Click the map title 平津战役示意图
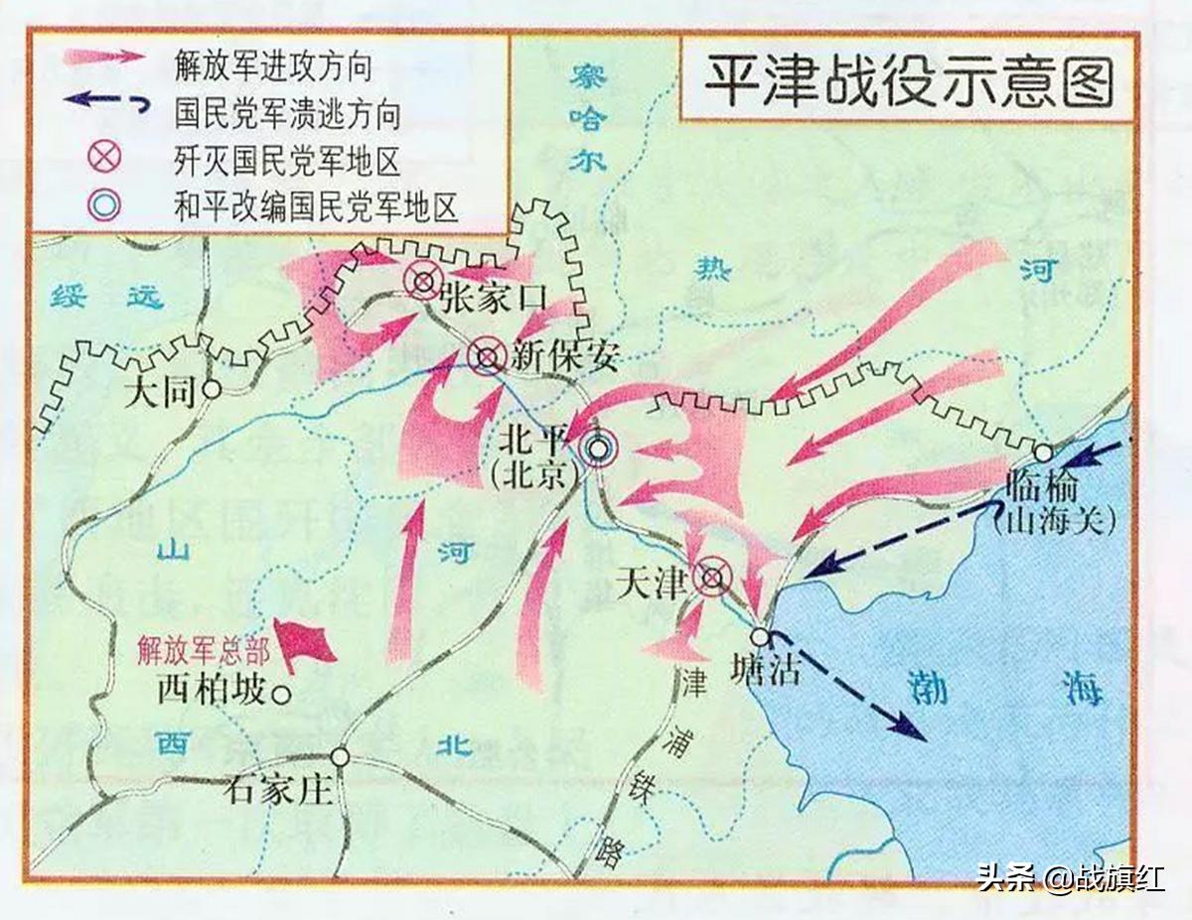908,82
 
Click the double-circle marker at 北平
598,451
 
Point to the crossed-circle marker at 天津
712,577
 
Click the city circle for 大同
211,390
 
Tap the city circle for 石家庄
341,757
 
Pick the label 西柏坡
211,692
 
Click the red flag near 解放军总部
302,643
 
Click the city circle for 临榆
1042,454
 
